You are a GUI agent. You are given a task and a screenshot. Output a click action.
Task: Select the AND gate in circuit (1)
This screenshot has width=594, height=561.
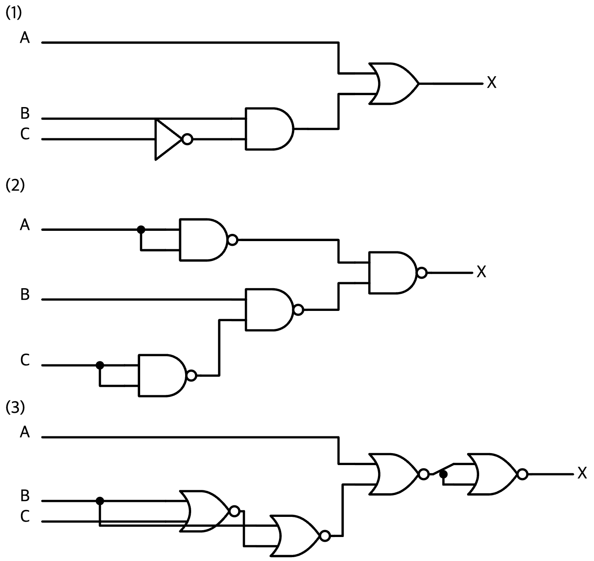tap(269, 128)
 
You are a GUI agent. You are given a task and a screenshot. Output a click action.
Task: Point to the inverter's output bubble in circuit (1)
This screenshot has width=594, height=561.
tap(187, 139)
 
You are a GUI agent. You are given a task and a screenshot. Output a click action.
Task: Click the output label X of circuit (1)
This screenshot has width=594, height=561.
tap(492, 82)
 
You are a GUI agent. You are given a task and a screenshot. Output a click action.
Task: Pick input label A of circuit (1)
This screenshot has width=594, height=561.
tap(25, 38)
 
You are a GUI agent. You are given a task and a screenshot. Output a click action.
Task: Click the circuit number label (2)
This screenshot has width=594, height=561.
tap(15, 185)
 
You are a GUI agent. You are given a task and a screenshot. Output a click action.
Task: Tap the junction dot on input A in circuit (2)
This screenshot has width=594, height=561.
tap(141, 230)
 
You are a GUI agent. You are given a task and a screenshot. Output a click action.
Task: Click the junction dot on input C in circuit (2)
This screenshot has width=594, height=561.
tap(100, 365)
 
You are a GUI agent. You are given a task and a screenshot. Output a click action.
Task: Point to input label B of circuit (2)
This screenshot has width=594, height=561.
tap(25, 294)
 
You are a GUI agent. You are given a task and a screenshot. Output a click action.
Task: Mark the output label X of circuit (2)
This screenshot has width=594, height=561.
tap(481, 272)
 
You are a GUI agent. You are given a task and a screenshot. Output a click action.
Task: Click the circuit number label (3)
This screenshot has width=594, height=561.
tap(15, 407)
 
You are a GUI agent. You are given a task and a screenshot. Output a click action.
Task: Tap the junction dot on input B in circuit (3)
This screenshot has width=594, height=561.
tap(100, 501)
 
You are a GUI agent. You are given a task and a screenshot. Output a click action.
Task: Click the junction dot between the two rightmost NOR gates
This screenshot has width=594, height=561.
tap(443, 474)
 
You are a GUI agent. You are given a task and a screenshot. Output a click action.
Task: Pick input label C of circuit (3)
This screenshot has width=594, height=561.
tap(25, 516)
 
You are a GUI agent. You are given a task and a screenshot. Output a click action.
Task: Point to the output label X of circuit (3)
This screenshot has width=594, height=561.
tap(582, 473)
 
